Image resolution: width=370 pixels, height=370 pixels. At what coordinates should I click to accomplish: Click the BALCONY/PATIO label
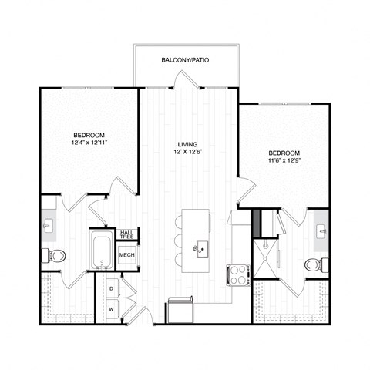[x=185, y=59]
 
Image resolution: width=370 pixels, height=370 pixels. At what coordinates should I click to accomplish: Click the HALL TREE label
[x=127, y=234]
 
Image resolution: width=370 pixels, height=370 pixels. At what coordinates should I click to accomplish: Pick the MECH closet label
[x=127, y=254]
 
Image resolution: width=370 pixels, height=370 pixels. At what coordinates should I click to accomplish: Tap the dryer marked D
[x=113, y=288]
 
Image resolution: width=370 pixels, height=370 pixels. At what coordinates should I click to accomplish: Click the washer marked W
[x=113, y=309]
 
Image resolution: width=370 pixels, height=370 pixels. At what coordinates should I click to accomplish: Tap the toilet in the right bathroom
[x=313, y=264]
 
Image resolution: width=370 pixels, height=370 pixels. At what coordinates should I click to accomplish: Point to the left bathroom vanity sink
[x=48, y=226]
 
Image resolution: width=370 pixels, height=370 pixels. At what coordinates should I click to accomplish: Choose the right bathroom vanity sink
[x=321, y=230]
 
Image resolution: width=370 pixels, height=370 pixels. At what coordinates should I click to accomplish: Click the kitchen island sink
[x=202, y=248]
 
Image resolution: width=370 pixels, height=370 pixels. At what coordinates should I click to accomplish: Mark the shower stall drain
[x=270, y=247]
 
